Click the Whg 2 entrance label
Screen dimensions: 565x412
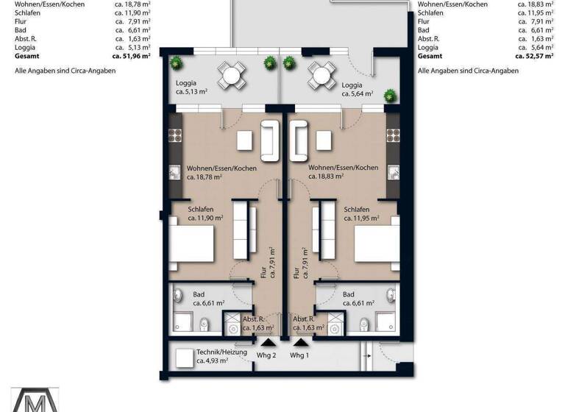point(266,355)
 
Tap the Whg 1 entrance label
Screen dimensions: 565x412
point(299,355)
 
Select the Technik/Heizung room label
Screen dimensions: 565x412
point(221,356)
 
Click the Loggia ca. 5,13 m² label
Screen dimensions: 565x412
point(191,88)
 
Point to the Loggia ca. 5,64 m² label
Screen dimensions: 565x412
point(357,90)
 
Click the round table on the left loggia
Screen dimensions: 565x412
point(231,75)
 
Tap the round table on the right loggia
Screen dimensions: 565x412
point(321,75)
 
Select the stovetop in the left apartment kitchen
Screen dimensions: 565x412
point(176,135)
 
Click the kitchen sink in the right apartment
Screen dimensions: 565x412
point(393,172)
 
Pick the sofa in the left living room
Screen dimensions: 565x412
point(270,141)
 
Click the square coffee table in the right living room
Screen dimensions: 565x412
point(324,141)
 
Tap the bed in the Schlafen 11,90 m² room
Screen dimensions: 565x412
point(191,244)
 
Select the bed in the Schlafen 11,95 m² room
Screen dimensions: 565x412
point(377,244)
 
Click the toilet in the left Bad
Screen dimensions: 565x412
point(205,324)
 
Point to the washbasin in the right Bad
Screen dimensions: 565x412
point(391,295)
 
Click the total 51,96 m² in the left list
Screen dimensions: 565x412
point(131,56)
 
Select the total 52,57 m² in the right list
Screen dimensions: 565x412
point(534,56)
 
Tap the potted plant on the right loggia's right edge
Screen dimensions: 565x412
point(390,96)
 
